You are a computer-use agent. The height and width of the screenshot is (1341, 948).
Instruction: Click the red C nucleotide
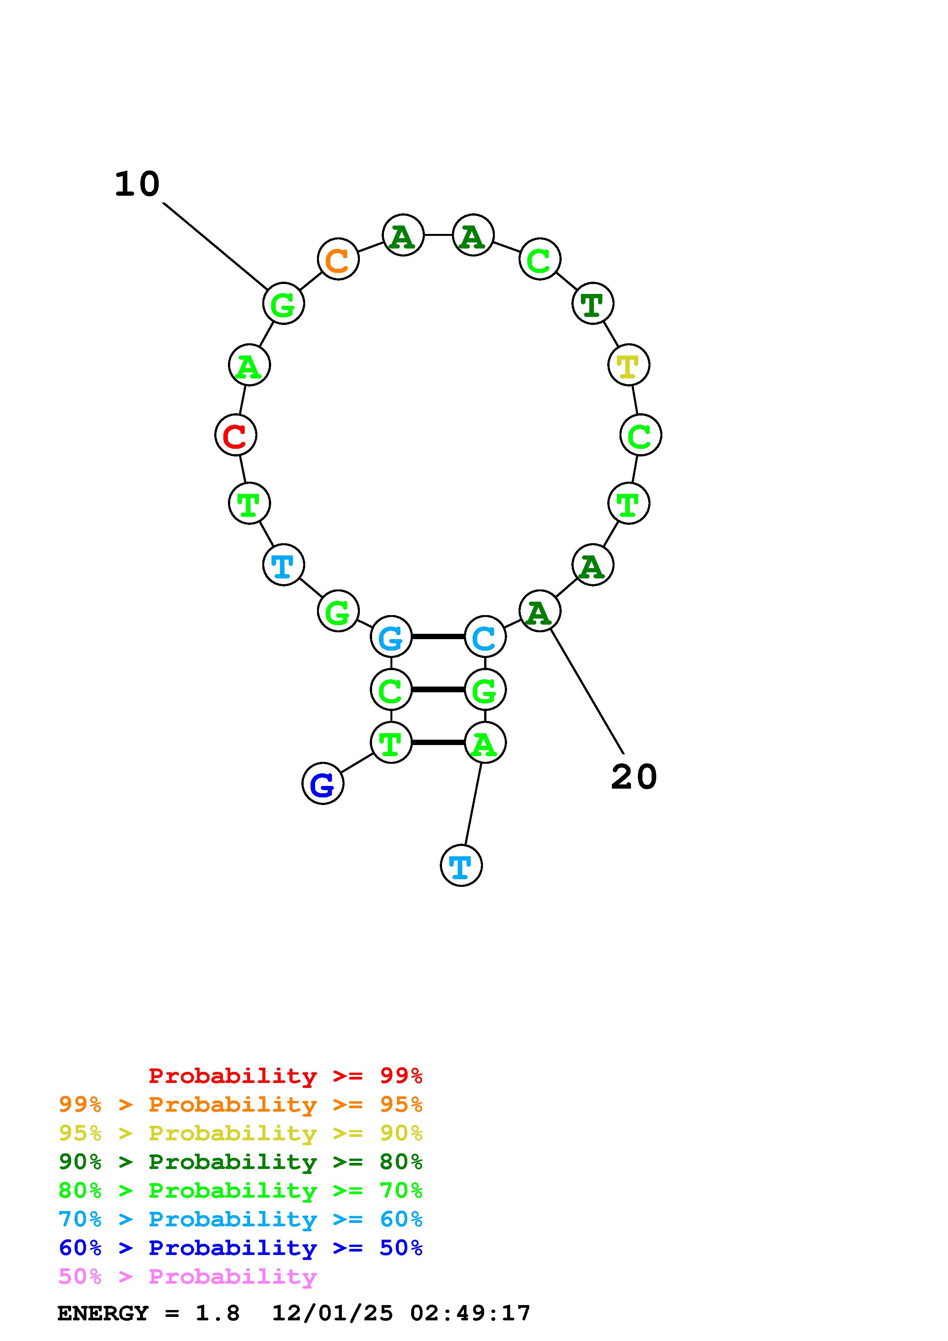pos(236,435)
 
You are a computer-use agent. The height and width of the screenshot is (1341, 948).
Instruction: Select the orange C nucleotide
pos(338,259)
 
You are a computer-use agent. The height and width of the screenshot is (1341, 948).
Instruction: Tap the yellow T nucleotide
pos(629,365)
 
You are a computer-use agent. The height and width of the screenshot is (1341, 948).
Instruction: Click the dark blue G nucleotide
pos(322,783)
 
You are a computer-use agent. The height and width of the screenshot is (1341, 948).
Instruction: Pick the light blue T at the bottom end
pos(461,865)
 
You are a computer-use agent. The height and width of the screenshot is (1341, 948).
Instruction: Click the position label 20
pos(634,778)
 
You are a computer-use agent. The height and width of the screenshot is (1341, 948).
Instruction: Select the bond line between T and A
pos(438,742)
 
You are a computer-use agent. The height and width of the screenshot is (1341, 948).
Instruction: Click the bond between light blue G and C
pos(438,636)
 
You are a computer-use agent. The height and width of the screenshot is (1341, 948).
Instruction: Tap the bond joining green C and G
pos(438,689)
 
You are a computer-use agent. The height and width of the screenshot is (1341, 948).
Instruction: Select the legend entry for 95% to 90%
pos(240,1133)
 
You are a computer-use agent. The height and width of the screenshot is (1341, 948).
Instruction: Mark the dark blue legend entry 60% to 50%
pos(240,1248)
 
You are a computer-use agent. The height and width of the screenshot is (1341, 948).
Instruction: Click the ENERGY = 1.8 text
pos(148,1313)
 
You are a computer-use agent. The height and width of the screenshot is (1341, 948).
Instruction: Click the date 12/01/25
pos(332,1313)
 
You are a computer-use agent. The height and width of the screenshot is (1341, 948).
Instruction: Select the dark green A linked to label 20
pos(539,611)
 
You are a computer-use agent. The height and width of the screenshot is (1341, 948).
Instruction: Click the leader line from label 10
pos(215,245)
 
